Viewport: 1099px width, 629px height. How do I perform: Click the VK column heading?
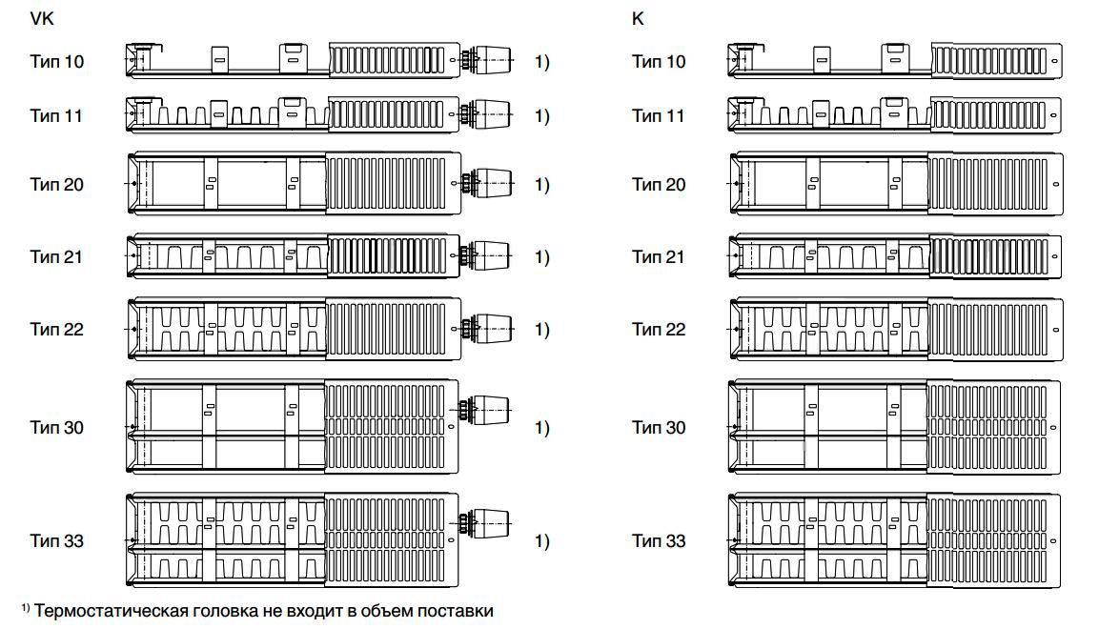coord(41,19)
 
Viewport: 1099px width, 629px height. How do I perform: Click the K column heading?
coord(637,19)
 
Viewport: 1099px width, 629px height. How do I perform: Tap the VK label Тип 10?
coord(57,62)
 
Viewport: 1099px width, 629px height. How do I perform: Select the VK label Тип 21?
coord(56,257)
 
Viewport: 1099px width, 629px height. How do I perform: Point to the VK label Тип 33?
coord(57,540)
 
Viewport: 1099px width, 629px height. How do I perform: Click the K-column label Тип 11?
coord(658,115)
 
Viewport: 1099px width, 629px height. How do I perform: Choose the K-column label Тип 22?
coord(659,329)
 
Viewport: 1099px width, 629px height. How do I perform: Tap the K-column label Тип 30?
coord(659,427)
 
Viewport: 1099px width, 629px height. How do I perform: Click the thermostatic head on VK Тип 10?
coord(486,60)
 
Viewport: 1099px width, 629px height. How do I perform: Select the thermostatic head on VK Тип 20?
coord(486,183)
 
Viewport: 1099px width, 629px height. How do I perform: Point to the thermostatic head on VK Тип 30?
coord(485,410)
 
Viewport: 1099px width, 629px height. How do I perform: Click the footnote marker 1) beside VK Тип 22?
coord(542,329)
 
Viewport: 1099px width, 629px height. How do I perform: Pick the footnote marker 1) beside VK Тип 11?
coord(542,115)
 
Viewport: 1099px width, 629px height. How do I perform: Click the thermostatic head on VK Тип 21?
coord(486,256)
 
